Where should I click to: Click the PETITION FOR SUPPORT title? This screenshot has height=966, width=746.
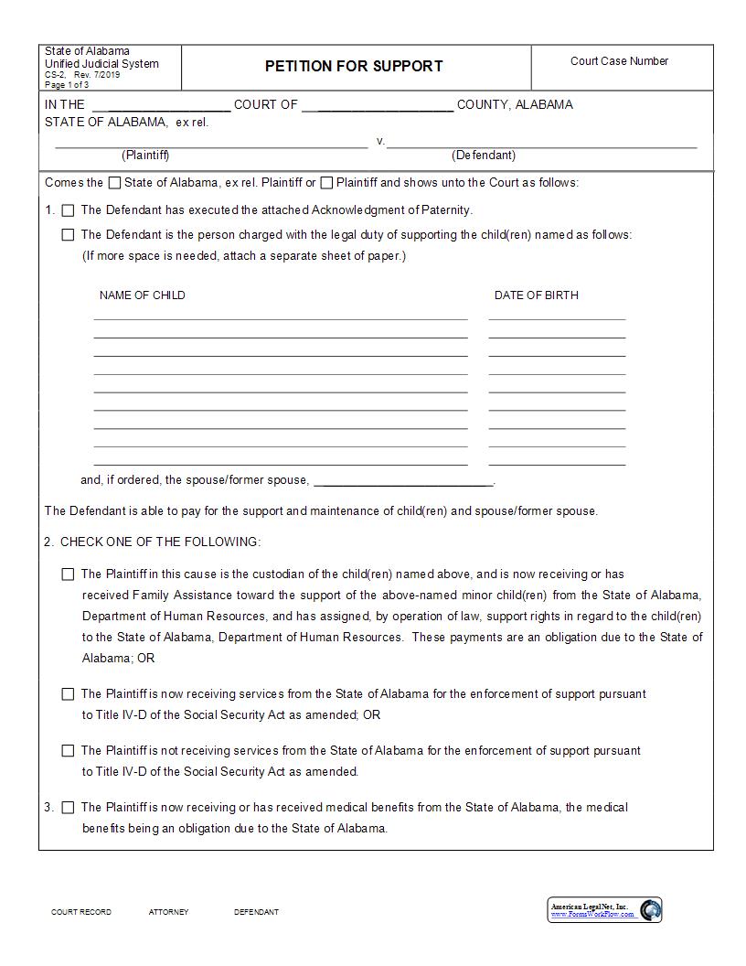(x=354, y=66)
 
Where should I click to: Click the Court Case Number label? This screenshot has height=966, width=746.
(x=619, y=61)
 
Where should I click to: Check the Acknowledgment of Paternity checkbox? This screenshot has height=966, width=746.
(x=69, y=210)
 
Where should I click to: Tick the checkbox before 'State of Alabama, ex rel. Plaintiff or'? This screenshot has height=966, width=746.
(x=114, y=183)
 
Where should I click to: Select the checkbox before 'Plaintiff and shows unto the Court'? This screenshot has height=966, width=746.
(x=326, y=183)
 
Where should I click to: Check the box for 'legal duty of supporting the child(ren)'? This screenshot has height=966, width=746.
(x=69, y=235)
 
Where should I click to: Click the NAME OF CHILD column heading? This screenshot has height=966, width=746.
(x=142, y=295)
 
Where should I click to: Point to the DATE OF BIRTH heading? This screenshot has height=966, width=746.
(x=536, y=295)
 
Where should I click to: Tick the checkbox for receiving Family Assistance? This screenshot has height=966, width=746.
(x=69, y=574)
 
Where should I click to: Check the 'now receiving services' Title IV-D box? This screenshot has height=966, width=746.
(x=69, y=694)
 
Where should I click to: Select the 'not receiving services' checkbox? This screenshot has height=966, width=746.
(x=69, y=751)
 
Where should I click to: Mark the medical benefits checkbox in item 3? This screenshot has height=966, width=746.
(x=69, y=808)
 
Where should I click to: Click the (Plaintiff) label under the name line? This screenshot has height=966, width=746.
(x=145, y=156)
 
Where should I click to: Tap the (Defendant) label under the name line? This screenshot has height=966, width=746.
(x=484, y=156)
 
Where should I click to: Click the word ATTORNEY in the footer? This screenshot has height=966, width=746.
(x=168, y=912)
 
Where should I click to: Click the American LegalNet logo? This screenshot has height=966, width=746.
(x=605, y=910)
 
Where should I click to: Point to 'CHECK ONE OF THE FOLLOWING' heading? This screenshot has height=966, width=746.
(x=160, y=542)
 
